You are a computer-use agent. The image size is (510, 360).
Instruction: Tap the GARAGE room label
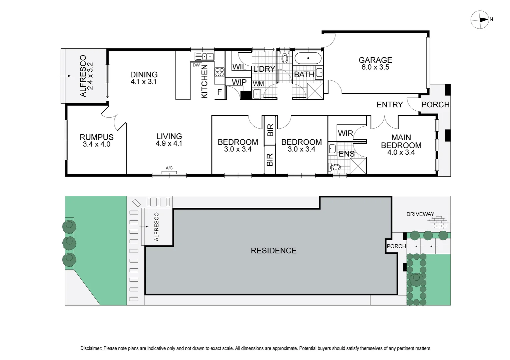pyautogui.click(x=375, y=60)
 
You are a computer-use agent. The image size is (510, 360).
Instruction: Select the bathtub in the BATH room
pyautogui.click(x=308, y=59)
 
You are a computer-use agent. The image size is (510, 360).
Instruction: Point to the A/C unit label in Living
pyautogui.click(x=169, y=168)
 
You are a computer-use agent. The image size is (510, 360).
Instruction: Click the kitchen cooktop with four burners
pyautogui.click(x=219, y=72)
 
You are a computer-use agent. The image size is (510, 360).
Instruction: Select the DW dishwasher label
pyautogui.click(x=196, y=65)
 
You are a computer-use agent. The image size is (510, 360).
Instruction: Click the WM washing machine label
pyautogui.click(x=258, y=84)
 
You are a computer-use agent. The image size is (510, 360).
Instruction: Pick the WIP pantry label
pyautogui.click(x=239, y=82)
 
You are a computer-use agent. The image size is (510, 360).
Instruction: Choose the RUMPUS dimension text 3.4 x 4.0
pyautogui.click(x=96, y=144)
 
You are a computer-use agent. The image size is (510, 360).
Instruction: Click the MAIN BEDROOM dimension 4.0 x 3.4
pyautogui.click(x=401, y=152)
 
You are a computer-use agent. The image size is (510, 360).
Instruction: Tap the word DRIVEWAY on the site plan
pyautogui.click(x=420, y=214)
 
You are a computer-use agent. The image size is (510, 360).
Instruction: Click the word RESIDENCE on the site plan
pyautogui.click(x=274, y=251)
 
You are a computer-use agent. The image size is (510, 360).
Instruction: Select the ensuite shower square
pyautogui.click(x=358, y=166)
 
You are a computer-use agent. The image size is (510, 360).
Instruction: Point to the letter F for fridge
pyautogui.click(x=219, y=92)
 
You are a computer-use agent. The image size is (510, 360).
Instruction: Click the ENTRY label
pyautogui.click(x=389, y=105)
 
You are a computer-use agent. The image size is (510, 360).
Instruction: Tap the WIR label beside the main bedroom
pyautogui.click(x=345, y=133)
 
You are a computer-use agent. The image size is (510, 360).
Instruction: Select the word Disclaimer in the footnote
pyautogui.click(x=91, y=348)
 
